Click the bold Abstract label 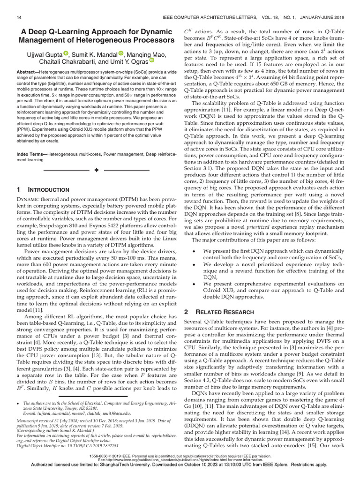[x=29, y=77]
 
